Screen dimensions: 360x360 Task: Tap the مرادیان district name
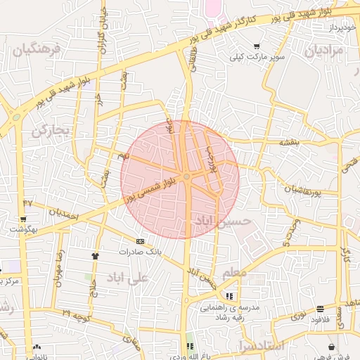pos(324,51)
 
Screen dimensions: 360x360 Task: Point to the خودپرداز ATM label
pos(340,27)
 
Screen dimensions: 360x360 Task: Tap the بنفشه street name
pos(289,142)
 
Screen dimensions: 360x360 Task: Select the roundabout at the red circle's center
pos(186,176)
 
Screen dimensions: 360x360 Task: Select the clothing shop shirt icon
pos(96,255)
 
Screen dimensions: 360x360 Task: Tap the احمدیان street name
pos(61,210)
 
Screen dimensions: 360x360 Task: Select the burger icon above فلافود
pos(321,308)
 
